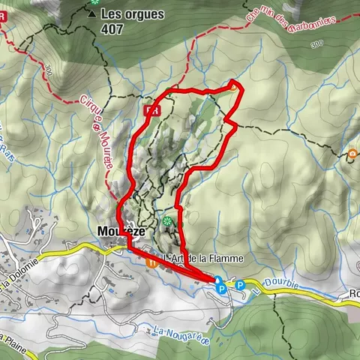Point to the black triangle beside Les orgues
click(92, 13)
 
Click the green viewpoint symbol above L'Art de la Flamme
click(166, 222)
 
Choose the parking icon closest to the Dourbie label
click(241, 285)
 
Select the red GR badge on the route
click(152, 109)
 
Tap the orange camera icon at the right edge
click(352, 155)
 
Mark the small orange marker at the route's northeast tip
click(234, 87)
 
